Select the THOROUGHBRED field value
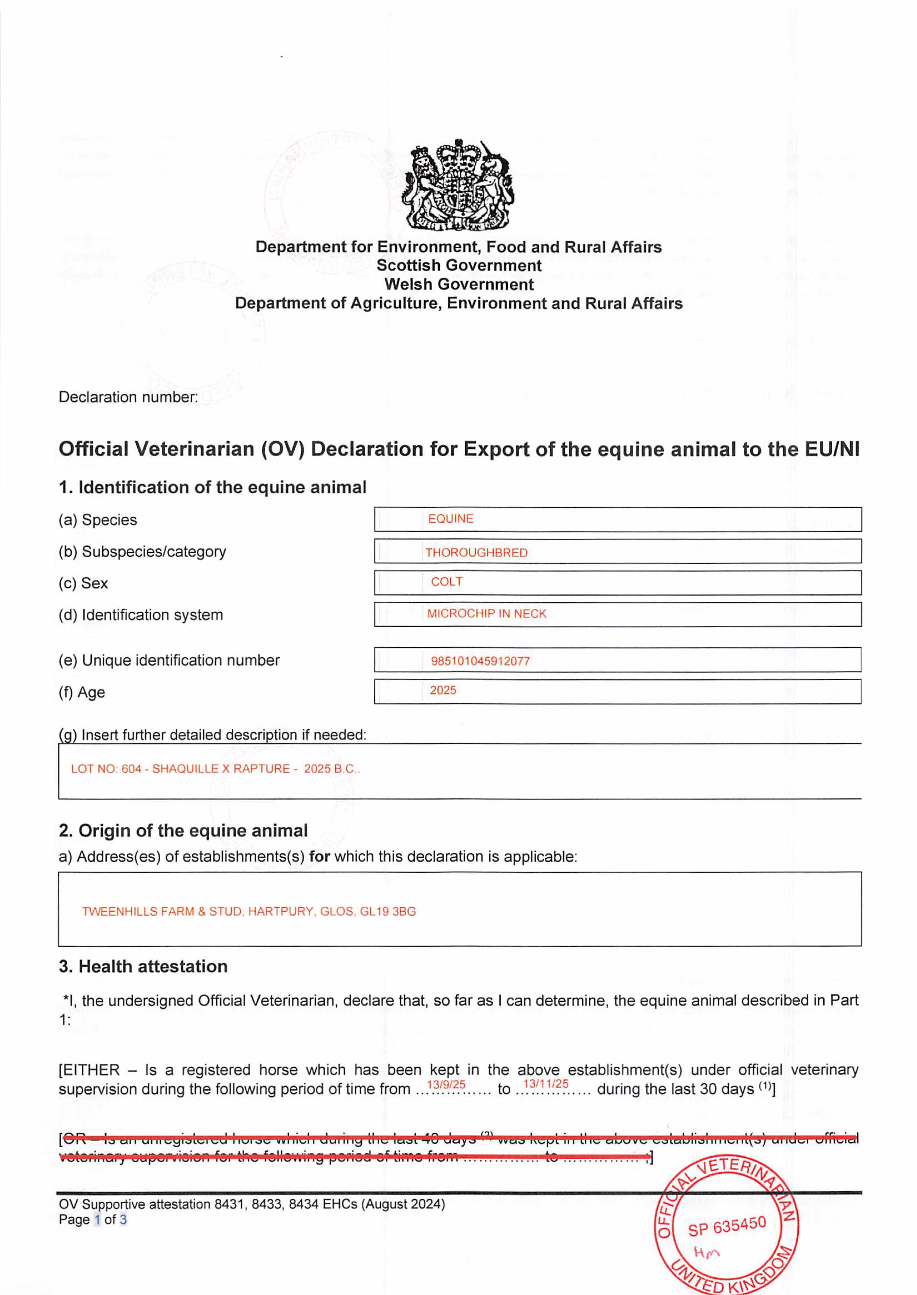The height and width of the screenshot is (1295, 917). [476, 552]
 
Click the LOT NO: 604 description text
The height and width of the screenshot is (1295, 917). [215, 768]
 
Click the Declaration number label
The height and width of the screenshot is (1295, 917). [128, 397]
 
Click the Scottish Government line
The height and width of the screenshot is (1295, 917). [459, 265]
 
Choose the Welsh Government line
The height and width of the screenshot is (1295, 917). [459, 284]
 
